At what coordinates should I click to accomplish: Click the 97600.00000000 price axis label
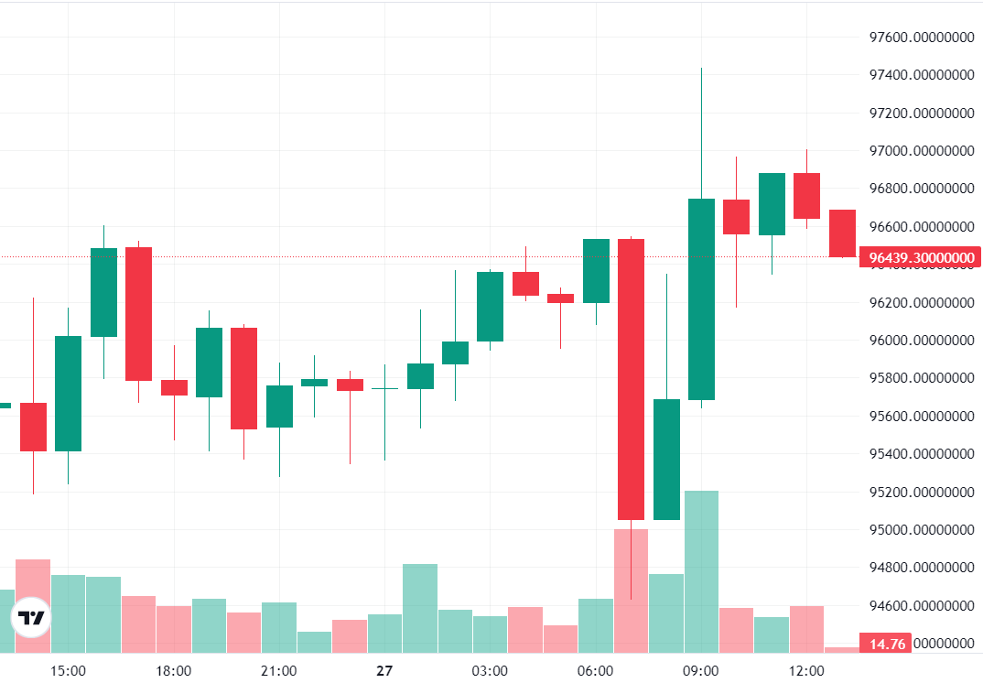pyautogui.click(x=921, y=37)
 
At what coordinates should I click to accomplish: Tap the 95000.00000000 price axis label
pyautogui.click(x=921, y=530)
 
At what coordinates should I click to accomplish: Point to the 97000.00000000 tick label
pyautogui.click(x=921, y=151)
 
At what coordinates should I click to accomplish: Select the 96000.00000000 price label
pyautogui.click(x=921, y=341)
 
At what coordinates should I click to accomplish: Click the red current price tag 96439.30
pyautogui.click(x=920, y=258)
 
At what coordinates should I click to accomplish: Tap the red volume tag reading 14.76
pyautogui.click(x=887, y=644)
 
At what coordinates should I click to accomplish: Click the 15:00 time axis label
pyautogui.click(x=68, y=671)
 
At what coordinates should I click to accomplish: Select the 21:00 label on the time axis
pyautogui.click(x=279, y=671)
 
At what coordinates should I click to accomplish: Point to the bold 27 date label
pyautogui.click(x=384, y=671)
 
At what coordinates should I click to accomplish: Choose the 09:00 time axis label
pyautogui.click(x=701, y=671)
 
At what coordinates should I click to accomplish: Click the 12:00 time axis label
pyautogui.click(x=806, y=671)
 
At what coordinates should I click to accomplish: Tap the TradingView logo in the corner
pyautogui.click(x=32, y=618)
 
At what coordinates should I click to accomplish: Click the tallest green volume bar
pyautogui.click(x=701, y=571)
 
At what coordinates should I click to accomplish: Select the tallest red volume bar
pyautogui.click(x=631, y=590)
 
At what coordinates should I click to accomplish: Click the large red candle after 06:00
pyautogui.click(x=631, y=379)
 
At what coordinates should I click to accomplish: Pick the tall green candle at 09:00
pyautogui.click(x=701, y=299)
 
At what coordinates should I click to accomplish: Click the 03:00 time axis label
pyautogui.click(x=490, y=671)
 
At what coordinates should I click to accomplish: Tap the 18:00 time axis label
pyautogui.click(x=174, y=671)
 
